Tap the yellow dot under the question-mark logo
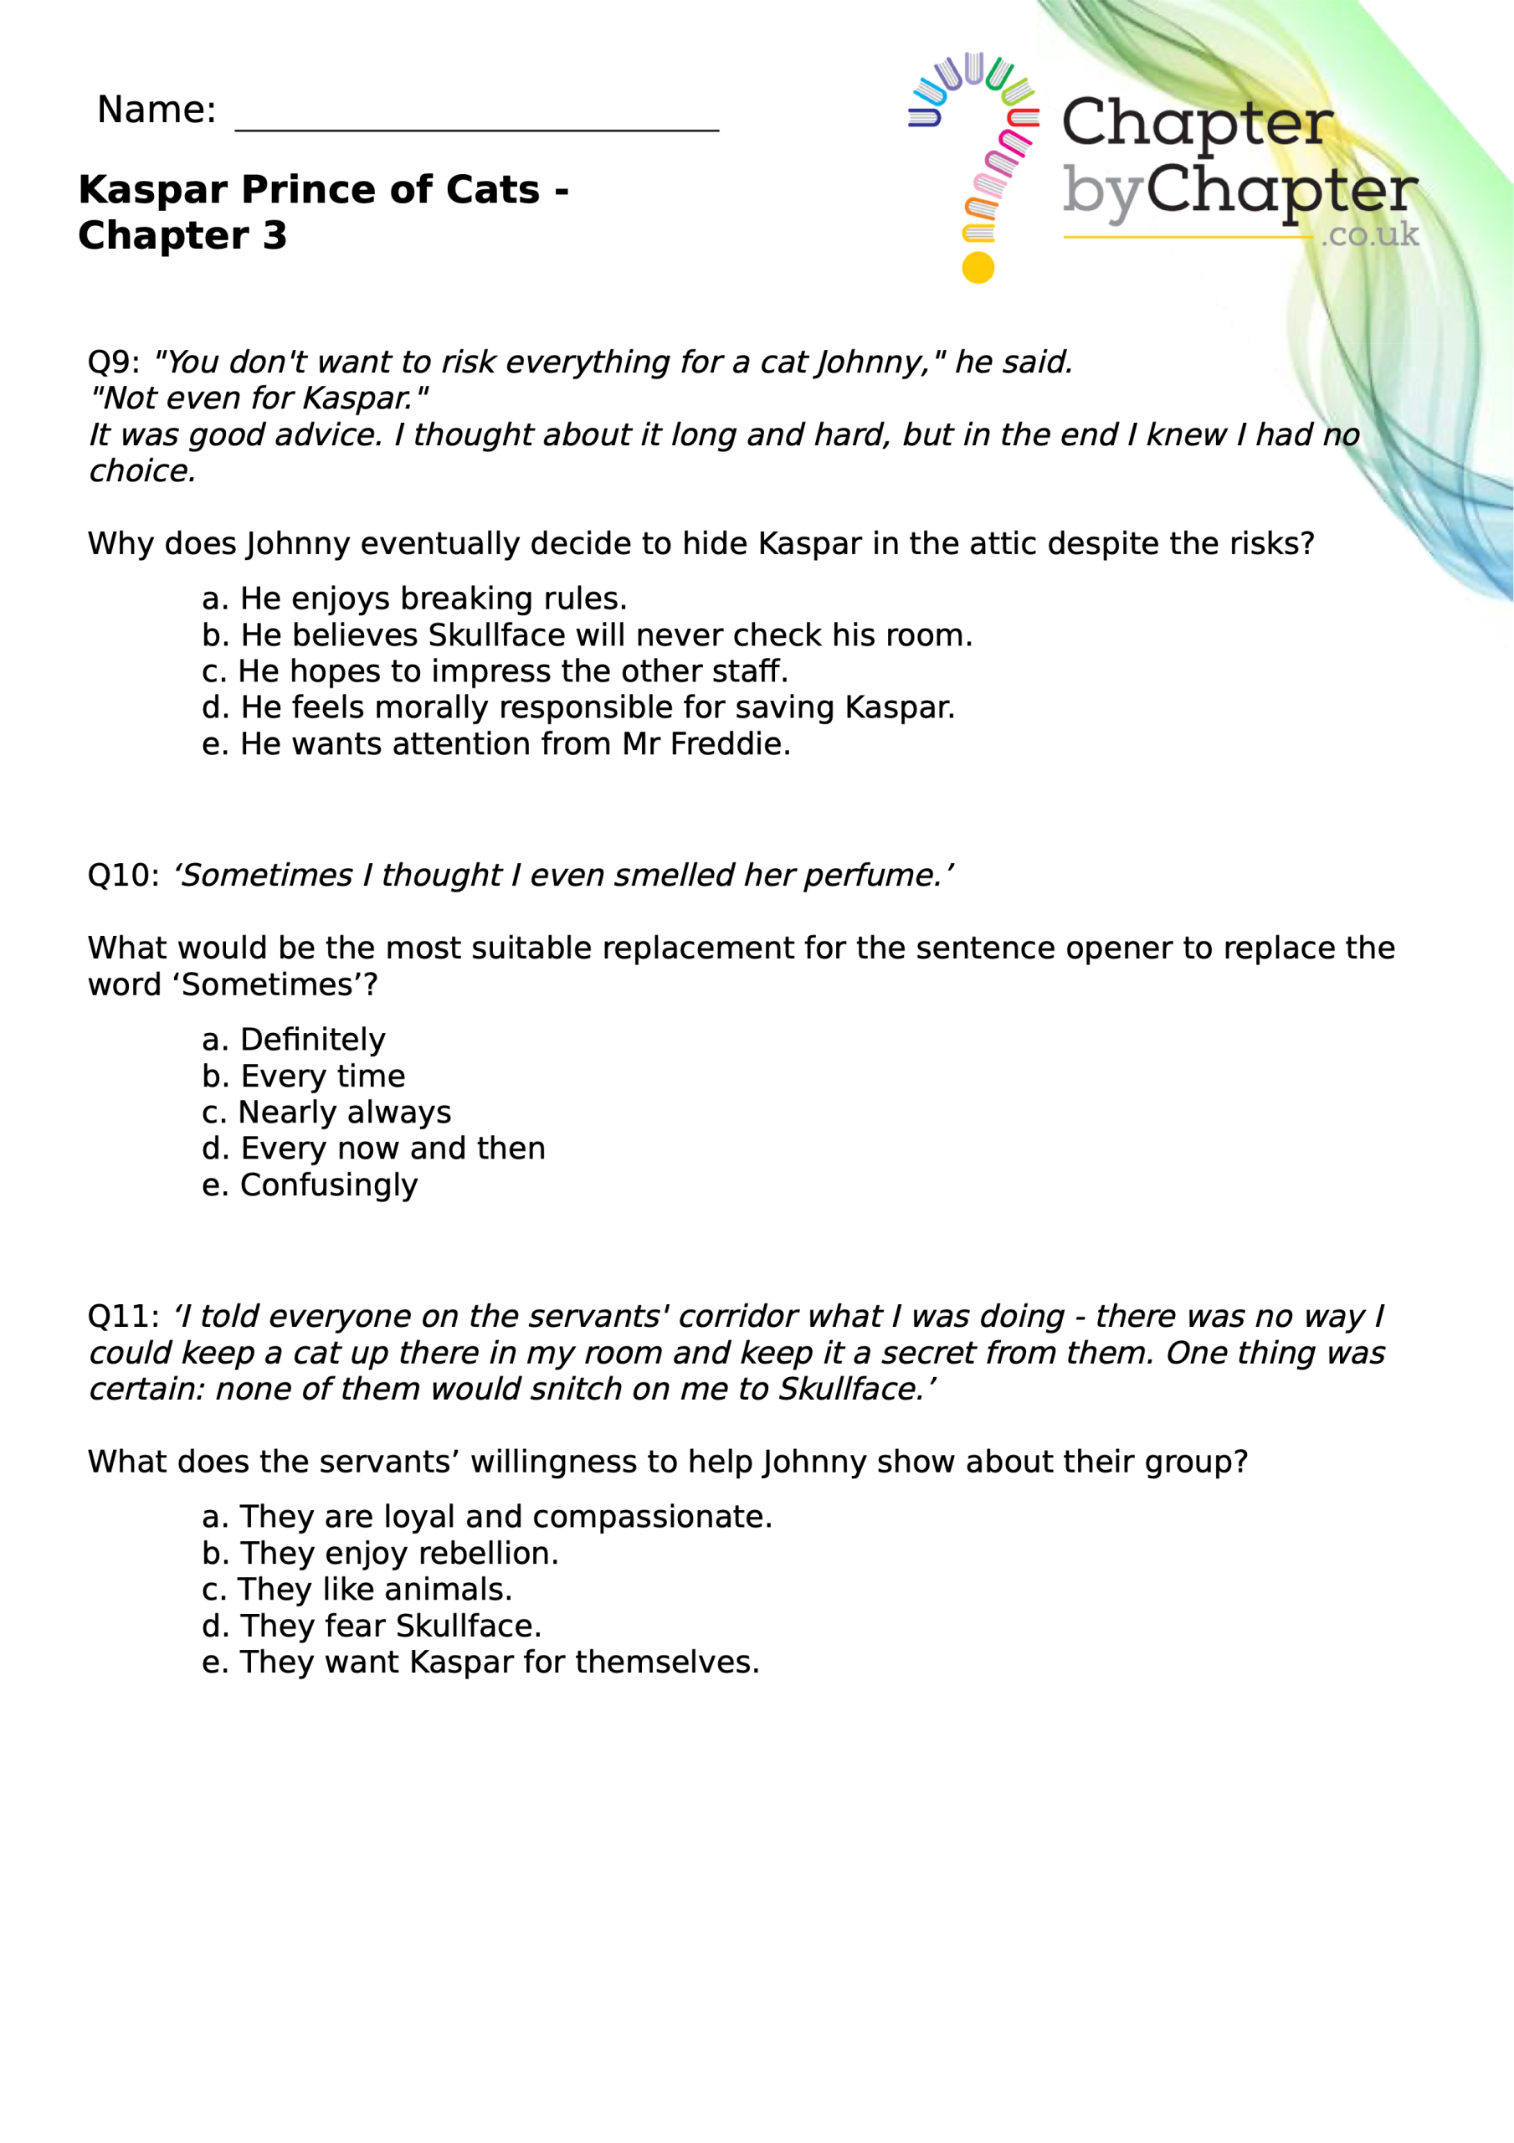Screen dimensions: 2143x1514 (x=978, y=268)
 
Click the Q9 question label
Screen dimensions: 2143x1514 (x=113, y=362)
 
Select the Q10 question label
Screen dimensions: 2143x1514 (x=122, y=876)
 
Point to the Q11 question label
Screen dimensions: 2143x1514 (x=122, y=1317)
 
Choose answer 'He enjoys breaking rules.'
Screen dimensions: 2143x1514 (x=414, y=599)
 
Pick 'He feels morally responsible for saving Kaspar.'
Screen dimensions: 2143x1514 (x=577, y=707)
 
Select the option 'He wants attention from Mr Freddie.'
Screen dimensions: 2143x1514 (x=495, y=744)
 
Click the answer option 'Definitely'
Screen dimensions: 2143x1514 (x=293, y=1040)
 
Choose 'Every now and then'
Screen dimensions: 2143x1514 (x=373, y=1148)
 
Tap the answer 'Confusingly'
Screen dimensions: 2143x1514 (x=310, y=1185)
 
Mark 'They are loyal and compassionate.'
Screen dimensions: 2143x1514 (x=486, y=1517)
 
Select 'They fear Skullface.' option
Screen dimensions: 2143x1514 (x=372, y=1626)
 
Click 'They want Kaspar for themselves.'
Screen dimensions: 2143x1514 (x=480, y=1662)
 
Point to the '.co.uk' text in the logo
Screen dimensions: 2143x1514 (x=1369, y=234)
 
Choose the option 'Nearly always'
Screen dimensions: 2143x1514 (x=326, y=1113)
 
